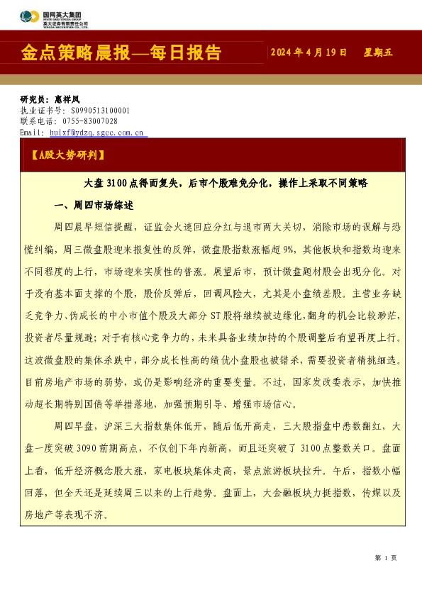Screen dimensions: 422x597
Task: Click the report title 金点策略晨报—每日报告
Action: pyautogui.click(x=122, y=52)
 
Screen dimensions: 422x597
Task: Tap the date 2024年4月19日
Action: pyautogui.click(x=309, y=52)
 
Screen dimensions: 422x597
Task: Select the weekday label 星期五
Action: pyautogui.click(x=378, y=52)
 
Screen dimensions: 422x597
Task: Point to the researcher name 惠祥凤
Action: pyautogui.click(x=69, y=100)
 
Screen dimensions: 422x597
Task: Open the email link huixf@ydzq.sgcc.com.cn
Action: pyautogui.click(x=97, y=132)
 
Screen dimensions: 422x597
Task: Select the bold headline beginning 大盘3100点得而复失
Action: pyautogui.click(x=226, y=182)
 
